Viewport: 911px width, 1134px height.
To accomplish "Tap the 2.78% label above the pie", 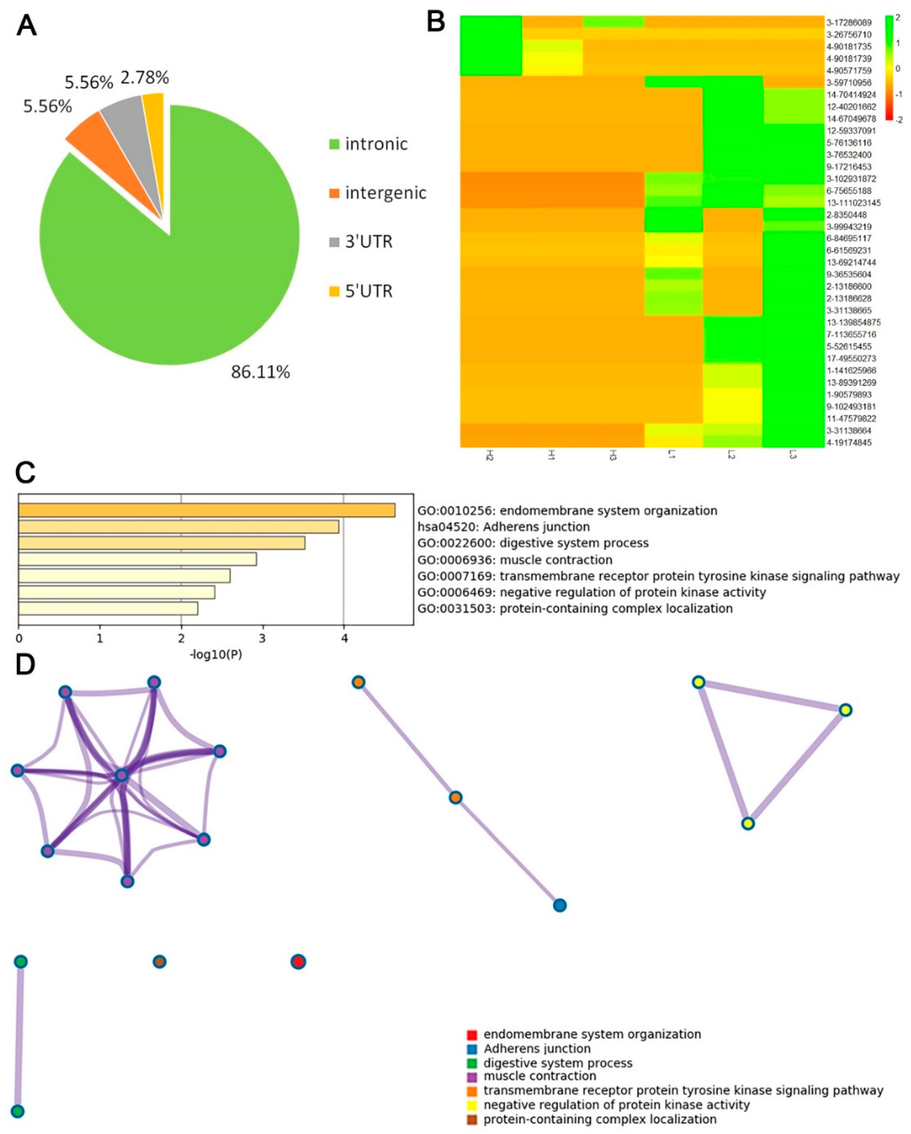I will tap(145, 78).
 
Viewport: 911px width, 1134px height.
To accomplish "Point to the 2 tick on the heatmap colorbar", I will tap(898, 18).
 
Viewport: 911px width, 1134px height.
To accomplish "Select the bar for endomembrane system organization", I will tap(207, 510).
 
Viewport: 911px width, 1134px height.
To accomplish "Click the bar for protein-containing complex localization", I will tap(108, 609).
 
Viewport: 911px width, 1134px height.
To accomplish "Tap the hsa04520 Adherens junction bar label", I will tap(503, 527).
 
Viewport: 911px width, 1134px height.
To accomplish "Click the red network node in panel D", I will tap(298, 962).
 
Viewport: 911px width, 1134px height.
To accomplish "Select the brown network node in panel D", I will tap(159, 962).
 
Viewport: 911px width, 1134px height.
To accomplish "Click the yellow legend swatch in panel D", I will tap(472, 1105).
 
